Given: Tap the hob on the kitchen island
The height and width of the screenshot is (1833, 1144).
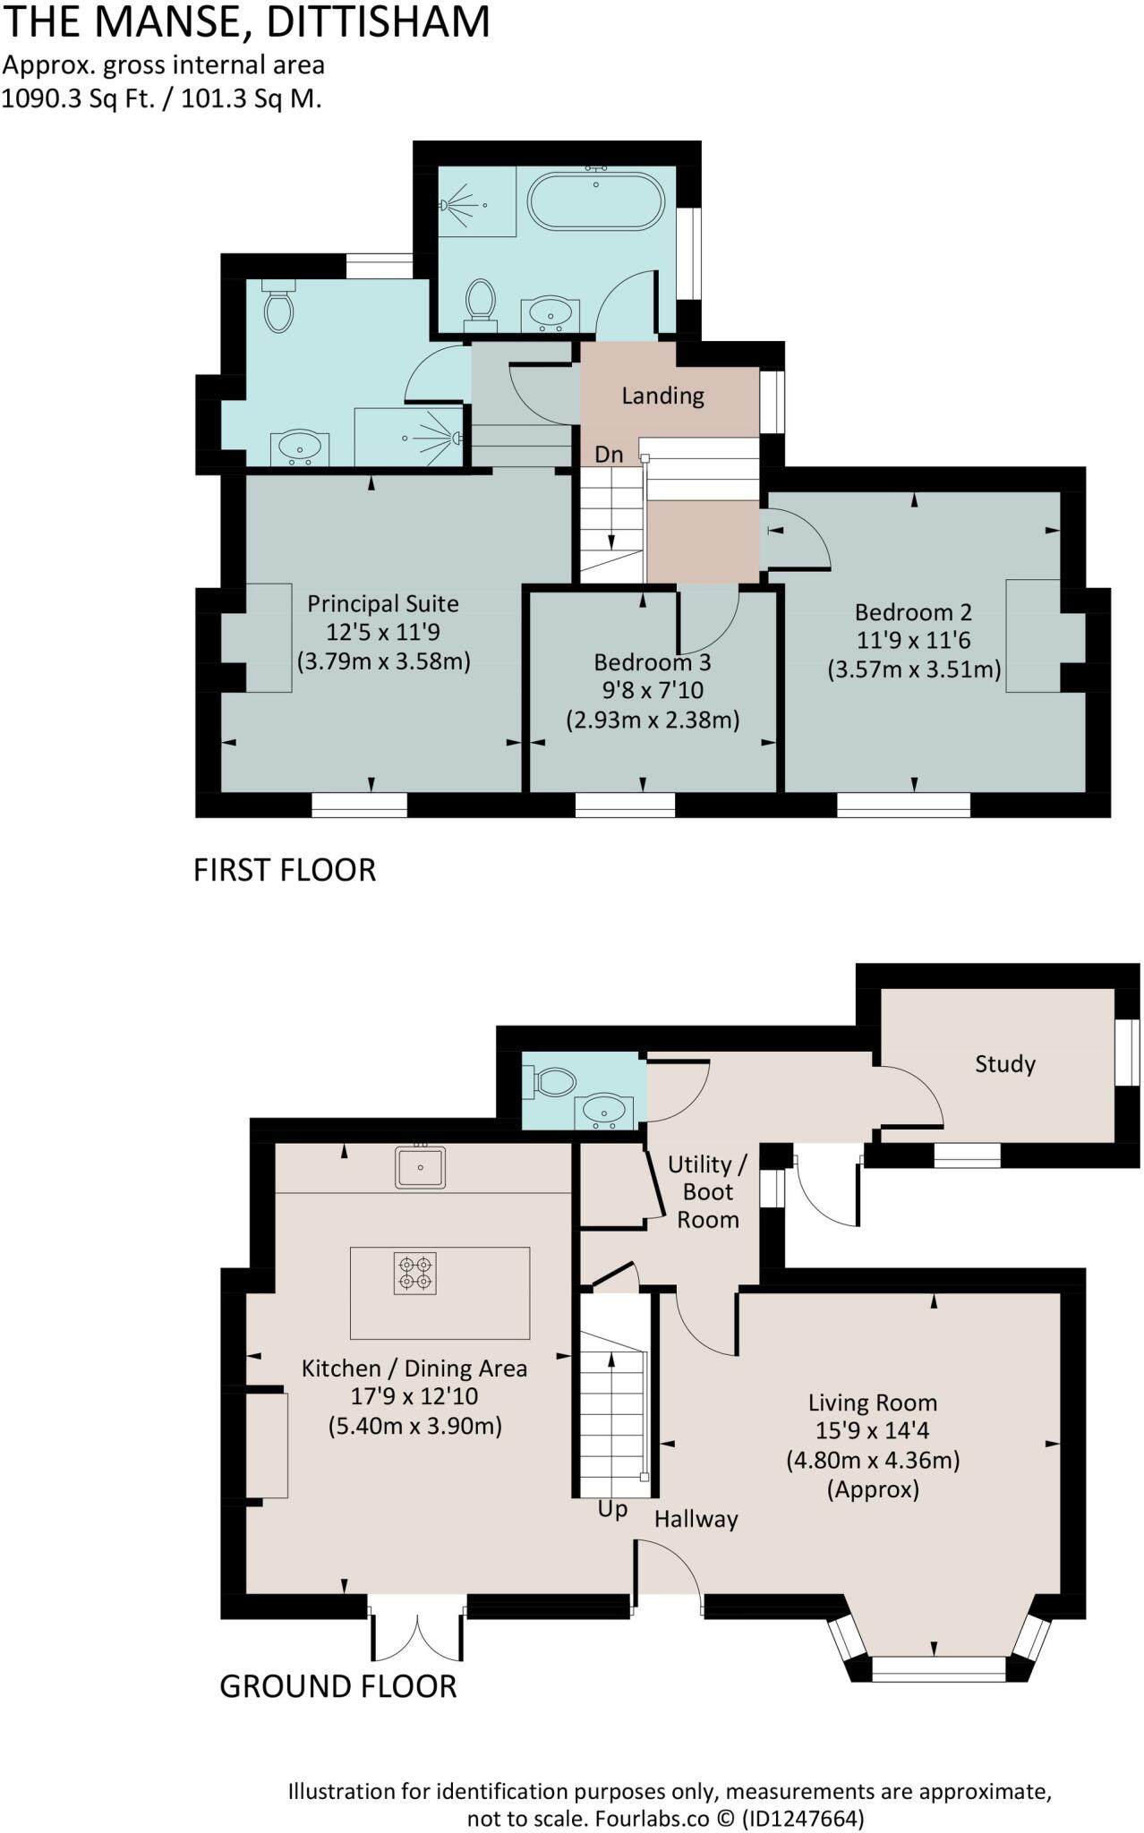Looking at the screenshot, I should [x=416, y=1273].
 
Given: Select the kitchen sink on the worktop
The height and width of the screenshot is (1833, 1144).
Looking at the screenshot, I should [x=420, y=1167].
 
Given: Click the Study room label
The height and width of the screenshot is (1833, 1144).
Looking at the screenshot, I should [x=1004, y=1063].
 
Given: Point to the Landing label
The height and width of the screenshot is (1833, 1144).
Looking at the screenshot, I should [x=662, y=396].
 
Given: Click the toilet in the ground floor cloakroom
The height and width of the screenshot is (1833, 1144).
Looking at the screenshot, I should [x=551, y=1081].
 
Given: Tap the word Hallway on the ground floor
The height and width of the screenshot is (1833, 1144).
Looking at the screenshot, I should [x=696, y=1519].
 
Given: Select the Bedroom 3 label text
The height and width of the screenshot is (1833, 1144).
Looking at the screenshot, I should [x=652, y=662].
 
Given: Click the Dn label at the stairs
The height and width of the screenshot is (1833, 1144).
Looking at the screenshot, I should [x=609, y=455].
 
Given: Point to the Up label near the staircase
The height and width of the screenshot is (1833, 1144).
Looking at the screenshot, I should [x=612, y=1509].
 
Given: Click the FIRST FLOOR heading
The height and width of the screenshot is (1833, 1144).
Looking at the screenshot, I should [x=285, y=870].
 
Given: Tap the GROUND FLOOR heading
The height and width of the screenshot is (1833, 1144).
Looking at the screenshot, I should [x=338, y=1686].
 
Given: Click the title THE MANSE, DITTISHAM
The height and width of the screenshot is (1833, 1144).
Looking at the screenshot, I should [x=246, y=22].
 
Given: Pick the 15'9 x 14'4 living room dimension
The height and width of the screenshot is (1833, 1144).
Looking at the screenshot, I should [x=872, y=1431].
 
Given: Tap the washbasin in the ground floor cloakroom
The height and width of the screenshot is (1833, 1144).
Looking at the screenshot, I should [x=604, y=1112].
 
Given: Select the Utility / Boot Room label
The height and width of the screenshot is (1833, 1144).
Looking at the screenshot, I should [x=707, y=1191].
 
